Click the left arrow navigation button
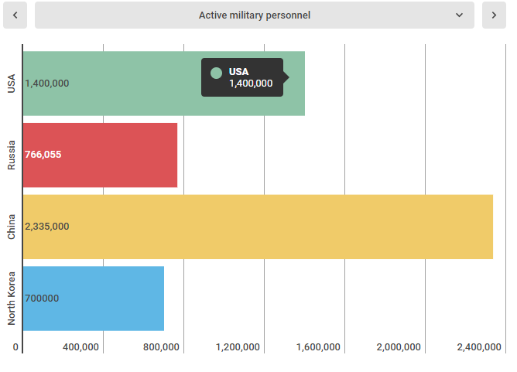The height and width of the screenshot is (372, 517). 15,15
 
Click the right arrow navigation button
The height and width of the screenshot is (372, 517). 494,15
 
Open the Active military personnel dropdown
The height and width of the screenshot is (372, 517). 255,15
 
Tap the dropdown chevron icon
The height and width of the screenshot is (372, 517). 459,15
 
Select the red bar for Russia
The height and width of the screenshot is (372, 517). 101,155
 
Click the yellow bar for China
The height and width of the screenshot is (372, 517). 258,227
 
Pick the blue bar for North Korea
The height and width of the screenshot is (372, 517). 94,299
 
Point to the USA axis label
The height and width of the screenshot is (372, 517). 12,84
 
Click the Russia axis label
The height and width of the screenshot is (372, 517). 12,155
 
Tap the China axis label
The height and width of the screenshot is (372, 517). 12,227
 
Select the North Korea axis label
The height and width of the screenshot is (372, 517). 12,299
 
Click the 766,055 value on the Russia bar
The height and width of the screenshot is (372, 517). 43,155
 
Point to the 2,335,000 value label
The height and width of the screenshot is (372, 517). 47,227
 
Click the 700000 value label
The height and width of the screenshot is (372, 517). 42,299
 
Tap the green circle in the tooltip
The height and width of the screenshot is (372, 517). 216,73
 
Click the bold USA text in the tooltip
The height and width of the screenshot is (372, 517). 238,71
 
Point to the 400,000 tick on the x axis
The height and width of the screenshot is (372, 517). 80,347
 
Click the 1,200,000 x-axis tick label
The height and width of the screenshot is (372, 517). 238,347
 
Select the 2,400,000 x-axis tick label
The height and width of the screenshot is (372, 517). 479,347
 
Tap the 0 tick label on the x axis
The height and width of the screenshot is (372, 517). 15,347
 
